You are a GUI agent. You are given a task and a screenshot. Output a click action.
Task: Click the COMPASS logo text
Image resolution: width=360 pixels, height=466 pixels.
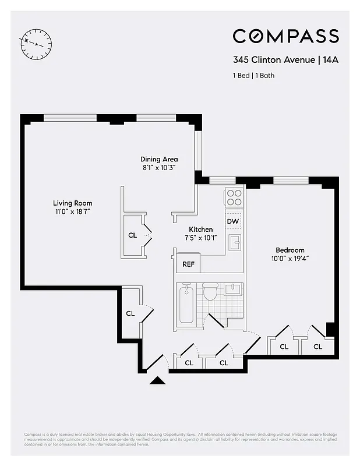coord(285,36)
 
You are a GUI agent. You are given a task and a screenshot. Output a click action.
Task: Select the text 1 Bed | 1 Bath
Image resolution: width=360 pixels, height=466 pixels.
coord(253,75)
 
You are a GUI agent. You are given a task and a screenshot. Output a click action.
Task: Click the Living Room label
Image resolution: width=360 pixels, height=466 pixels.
coord(73,203)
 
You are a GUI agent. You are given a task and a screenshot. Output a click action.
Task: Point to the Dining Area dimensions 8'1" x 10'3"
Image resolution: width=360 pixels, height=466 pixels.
coord(158,167)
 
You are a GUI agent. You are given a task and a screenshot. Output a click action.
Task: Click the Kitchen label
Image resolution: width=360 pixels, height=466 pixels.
coord(200,230)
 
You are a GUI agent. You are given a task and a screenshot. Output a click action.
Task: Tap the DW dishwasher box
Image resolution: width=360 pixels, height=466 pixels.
coord(233,221)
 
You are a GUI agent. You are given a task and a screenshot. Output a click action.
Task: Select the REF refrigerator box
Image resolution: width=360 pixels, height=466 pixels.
coord(188,264)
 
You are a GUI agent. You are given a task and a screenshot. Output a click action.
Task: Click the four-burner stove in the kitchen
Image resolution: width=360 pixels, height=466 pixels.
coord(234,198)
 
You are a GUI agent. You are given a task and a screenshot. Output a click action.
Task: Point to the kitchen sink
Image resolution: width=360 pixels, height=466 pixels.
coord(234,243)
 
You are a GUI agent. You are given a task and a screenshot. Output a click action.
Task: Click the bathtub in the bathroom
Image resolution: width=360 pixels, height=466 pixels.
coord(186,303)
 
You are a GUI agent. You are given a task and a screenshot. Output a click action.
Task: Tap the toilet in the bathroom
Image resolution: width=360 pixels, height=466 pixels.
coord(210,291)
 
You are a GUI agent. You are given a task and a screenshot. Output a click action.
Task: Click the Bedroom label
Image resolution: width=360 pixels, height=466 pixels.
coord(290,250)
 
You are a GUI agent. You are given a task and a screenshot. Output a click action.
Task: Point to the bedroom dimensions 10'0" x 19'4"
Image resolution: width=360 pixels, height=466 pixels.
coord(290,258)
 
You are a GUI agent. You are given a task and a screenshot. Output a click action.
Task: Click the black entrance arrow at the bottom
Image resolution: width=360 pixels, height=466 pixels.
coord(157,381)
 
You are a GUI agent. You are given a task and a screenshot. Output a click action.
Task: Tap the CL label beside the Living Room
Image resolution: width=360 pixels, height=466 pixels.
coord(132,236)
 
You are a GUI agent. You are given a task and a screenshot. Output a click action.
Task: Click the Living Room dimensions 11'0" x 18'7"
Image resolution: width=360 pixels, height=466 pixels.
coord(73,211)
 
